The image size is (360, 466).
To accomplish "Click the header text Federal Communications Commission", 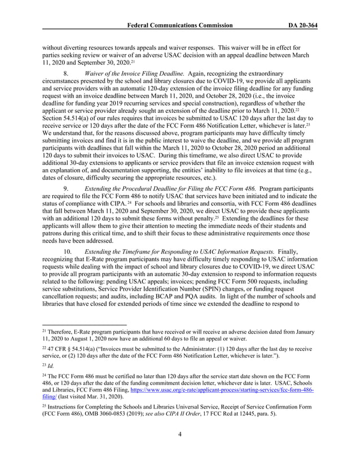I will (179, 25).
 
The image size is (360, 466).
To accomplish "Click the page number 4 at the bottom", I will (180, 450).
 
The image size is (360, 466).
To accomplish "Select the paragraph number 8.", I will (66, 74).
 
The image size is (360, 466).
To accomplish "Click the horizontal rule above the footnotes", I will (85, 325).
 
